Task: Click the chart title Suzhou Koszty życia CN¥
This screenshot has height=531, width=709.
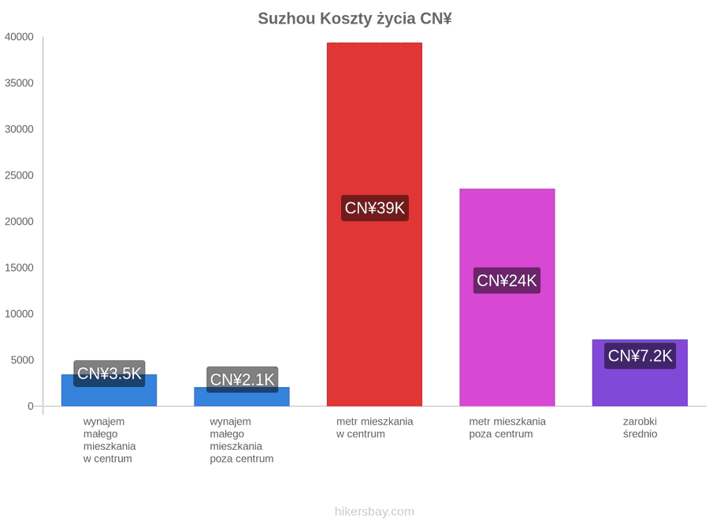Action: click(x=355, y=19)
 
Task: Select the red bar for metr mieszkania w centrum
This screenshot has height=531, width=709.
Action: click(x=374, y=224)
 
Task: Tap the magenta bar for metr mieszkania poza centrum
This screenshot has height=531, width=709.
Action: click(x=507, y=297)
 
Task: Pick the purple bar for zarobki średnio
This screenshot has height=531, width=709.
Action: click(x=640, y=373)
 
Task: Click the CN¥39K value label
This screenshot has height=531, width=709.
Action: click(x=375, y=208)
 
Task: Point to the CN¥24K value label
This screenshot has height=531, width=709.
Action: click(x=507, y=280)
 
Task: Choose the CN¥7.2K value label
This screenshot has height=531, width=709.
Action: click(x=640, y=356)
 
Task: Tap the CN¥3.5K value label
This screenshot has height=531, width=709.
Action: click(x=110, y=374)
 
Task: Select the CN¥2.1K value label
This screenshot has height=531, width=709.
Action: click(x=243, y=380)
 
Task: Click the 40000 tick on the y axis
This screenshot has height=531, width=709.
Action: click(x=19, y=37)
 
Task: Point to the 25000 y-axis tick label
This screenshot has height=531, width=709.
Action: click(x=19, y=175)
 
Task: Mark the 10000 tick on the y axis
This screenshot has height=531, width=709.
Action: click(x=19, y=314)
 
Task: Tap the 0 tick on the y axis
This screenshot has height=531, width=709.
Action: click(x=30, y=407)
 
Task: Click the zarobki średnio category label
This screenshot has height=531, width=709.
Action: click(x=640, y=428)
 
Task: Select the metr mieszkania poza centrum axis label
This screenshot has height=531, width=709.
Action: click(x=507, y=428)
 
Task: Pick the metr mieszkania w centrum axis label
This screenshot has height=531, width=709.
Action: click(x=374, y=428)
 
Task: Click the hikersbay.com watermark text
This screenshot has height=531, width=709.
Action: click(x=374, y=511)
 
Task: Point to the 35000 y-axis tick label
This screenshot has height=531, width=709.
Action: click(x=19, y=83)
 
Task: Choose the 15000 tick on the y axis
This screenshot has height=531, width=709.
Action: click(x=19, y=267)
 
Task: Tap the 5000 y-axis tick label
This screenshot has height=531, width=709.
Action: click(x=22, y=360)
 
